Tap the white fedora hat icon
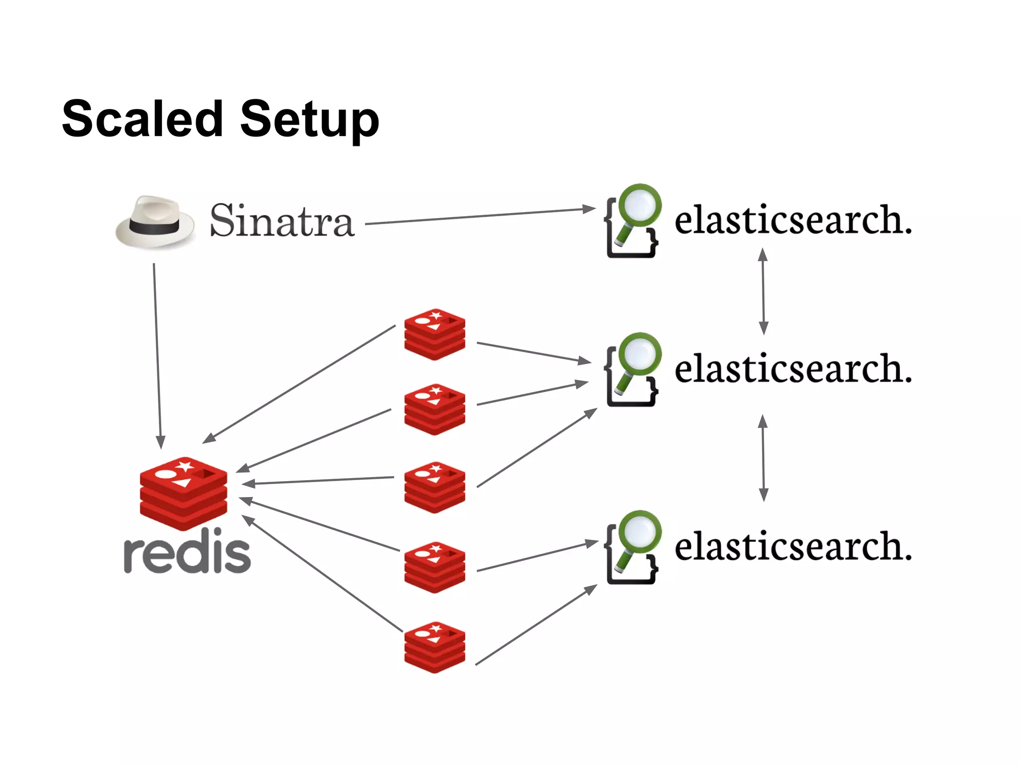point(155,222)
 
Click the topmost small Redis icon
point(435,334)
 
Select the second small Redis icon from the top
point(435,409)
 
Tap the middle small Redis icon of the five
point(435,487)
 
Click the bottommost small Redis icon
point(435,647)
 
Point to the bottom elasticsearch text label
point(793,546)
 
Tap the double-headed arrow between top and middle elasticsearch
point(763,291)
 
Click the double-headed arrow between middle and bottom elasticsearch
point(763,458)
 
